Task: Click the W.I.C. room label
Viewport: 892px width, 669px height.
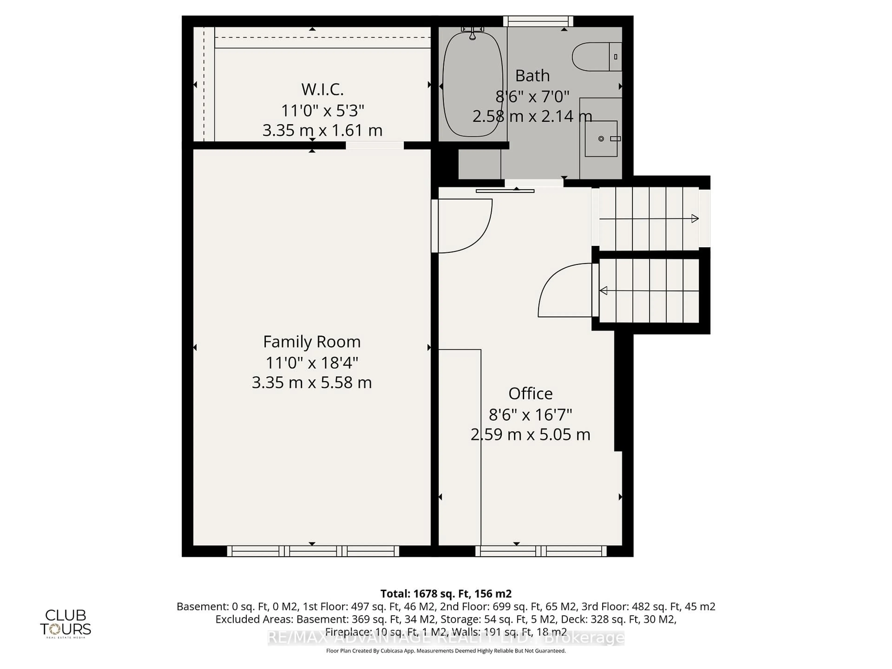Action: pos(322,89)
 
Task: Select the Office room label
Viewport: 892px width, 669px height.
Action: pos(530,394)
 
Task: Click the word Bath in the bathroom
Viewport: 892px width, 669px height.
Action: pos(532,76)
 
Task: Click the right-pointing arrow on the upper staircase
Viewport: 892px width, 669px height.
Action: pos(694,219)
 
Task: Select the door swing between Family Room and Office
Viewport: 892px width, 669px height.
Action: pos(464,226)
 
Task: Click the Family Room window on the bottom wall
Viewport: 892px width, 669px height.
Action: pos(313,551)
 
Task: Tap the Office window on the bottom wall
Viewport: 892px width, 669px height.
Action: pos(541,551)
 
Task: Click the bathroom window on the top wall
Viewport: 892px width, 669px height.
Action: pos(538,21)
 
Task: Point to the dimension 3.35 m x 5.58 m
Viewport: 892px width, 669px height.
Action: pos(312,382)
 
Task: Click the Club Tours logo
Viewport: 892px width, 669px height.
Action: pos(65,623)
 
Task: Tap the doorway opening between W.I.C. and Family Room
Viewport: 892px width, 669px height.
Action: pos(375,145)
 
